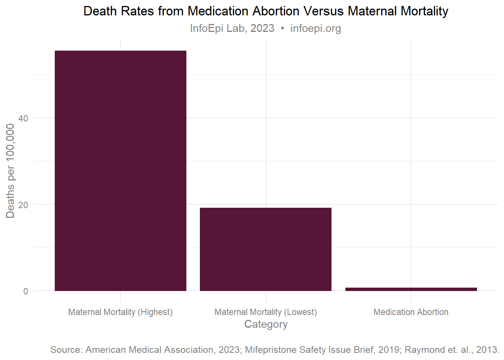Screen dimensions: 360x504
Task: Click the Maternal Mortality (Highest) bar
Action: tap(120, 171)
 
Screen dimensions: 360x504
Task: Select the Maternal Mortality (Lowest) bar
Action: tap(265, 249)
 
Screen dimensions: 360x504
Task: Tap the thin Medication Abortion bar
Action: tap(411, 289)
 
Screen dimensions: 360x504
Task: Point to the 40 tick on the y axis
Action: tap(23, 118)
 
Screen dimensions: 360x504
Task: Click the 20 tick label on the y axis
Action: tap(23, 205)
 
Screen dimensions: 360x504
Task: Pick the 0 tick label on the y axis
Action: tap(25, 291)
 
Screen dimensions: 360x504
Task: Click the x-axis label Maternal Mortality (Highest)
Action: tap(120, 312)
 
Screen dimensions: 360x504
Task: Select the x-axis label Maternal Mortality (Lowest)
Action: tap(265, 312)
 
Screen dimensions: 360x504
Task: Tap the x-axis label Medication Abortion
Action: tap(411, 312)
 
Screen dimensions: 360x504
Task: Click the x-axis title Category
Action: tap(265, 324)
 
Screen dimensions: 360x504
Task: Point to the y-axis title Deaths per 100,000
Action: tap(10, 171)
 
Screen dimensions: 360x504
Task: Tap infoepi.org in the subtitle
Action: tap(315, 28)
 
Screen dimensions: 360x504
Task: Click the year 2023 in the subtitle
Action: tap(262, 28)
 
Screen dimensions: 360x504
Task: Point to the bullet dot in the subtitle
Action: tap(282, 28)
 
